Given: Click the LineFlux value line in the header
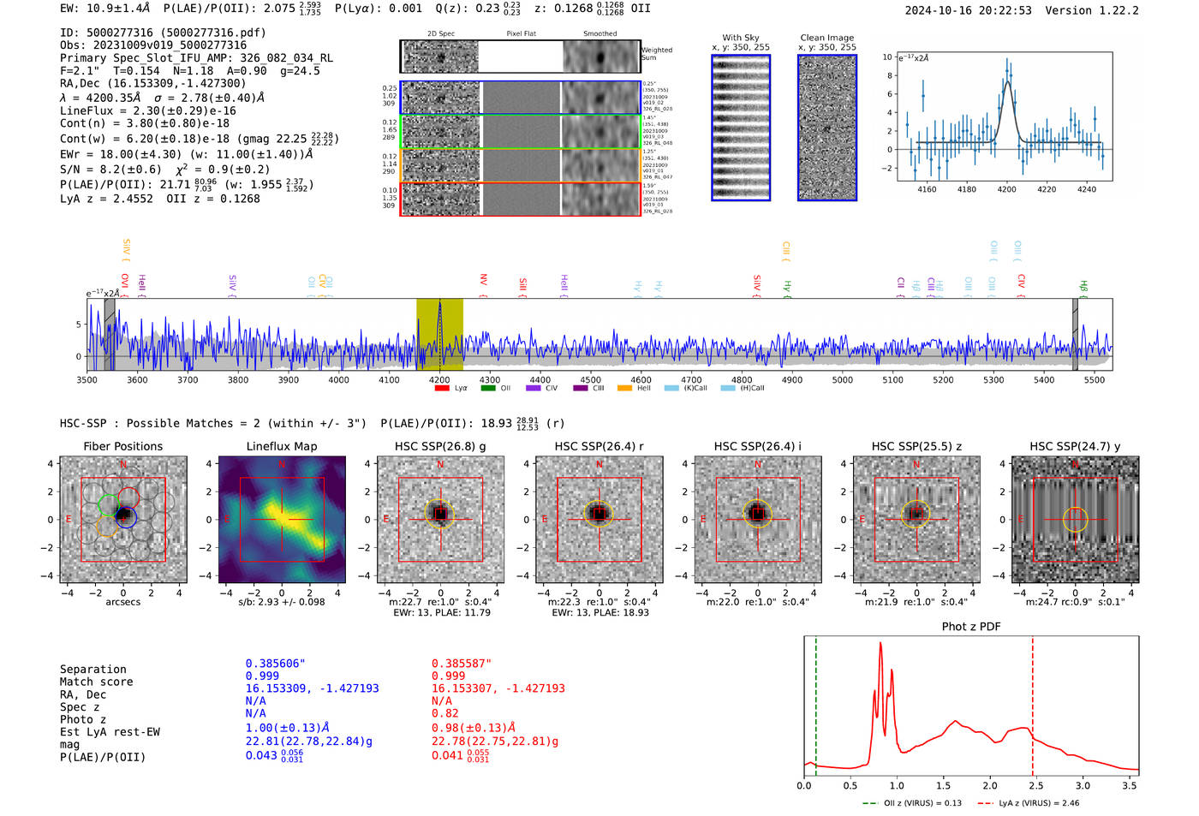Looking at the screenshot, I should click(x=148, y=110).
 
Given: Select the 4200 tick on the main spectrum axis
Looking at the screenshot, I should click(x=439, y=379).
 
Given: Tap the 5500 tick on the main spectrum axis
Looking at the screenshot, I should click(x=1095, y=379).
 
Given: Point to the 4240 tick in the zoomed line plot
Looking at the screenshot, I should click(x=1087, y=189).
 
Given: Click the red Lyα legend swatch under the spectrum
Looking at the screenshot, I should click(x=442, y=389).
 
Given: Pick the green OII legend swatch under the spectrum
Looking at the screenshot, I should click(x=488, y=389).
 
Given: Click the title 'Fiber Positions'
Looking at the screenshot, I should click(x=122, y=446).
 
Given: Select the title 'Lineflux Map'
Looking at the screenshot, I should click(x=282, y=446).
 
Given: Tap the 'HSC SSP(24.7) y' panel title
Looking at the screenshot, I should click(x=1075, y=446).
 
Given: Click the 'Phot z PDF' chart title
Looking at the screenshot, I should click(x=971, y=627).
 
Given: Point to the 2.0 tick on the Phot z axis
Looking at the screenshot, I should click(x=990, y=785).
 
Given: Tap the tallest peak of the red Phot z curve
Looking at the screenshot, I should click(x=880, y=644).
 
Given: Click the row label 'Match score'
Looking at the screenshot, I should click(x=96, y=682).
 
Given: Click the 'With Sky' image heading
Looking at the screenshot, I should click(x=741, y=38).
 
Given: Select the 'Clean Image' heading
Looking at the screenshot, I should click(x=826, y=38).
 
